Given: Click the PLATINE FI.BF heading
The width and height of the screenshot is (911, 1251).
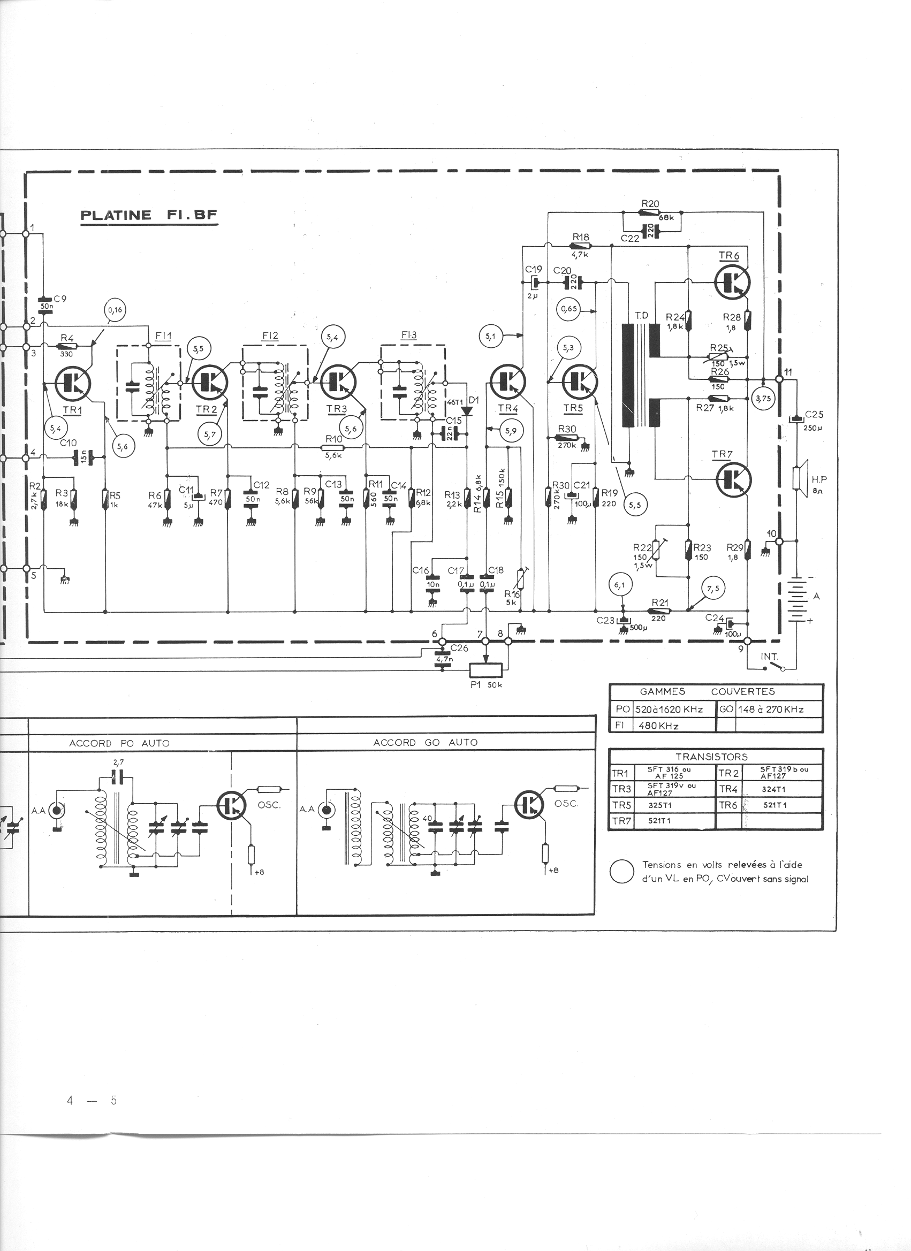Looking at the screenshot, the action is click(x=149, y=215).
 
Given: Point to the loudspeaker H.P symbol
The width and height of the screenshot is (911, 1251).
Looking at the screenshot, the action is click(x=798, y=478).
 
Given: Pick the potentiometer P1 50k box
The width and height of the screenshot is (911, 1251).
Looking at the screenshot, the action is click(x=485, y=669).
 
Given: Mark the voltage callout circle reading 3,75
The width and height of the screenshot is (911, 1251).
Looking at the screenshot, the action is click(x=764, y=398).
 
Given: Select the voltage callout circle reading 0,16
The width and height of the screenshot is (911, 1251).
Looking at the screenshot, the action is click(x=115, y=310).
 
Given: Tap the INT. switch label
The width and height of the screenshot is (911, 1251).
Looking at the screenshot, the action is click(x=769, y=657).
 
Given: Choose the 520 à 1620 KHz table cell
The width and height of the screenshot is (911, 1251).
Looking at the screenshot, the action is click(x=669, y=709).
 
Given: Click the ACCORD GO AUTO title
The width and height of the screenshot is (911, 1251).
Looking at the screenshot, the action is click(x=425, y=743).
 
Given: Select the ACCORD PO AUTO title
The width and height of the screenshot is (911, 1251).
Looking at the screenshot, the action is click(x=119, y=743).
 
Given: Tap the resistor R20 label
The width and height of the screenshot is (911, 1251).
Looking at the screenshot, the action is click(x=650, y=203).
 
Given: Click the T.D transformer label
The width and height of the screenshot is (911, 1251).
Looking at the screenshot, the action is click(x=641, y=316).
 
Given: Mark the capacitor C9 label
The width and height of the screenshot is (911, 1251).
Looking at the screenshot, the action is click(x=59, y=299).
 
